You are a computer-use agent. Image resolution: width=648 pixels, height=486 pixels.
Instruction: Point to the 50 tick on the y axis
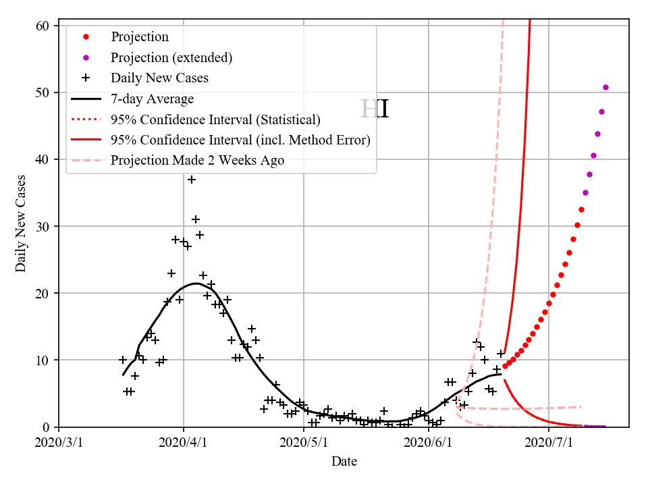pyautogui.click(x=43, y=92)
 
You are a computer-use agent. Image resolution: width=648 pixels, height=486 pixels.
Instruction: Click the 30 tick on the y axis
pyautogui.click(x=43, y=226)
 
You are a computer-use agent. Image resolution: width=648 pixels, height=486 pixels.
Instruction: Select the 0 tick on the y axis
pyautogui.click(x=47, y=427)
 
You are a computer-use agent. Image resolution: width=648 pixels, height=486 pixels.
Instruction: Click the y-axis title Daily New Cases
pyautogui.click(x=21, y=223)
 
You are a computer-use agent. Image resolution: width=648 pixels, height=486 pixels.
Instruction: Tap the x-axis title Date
pyautogui.click(x=344, y=462)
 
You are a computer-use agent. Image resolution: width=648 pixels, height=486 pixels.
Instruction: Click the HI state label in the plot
pyautogui.click(x=375, y=109)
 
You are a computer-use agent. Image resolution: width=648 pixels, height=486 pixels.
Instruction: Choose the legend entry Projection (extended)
pyautogui.click(x=171, y=57)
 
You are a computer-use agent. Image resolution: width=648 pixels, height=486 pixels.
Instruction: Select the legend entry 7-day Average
pyautogui.click(x=153, y=99)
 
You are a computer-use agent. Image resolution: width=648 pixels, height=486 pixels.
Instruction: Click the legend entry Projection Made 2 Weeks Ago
pyautogui.click(x=198, y=161)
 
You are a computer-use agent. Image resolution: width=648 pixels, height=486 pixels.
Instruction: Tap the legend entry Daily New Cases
pyautogui.click(x=160, y=78)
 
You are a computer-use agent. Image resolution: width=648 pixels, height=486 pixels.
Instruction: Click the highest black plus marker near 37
pyautogui.click(x=192, y=180)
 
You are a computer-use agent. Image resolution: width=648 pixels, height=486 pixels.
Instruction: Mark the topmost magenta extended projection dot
pyautogui.click(x=605, y=87)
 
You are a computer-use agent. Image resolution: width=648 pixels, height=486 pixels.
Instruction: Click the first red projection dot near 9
pyautogui.click(x=505, y=366)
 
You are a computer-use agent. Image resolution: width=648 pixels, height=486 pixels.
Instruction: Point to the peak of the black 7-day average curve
pyautogui.click(x=196, y=283)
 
